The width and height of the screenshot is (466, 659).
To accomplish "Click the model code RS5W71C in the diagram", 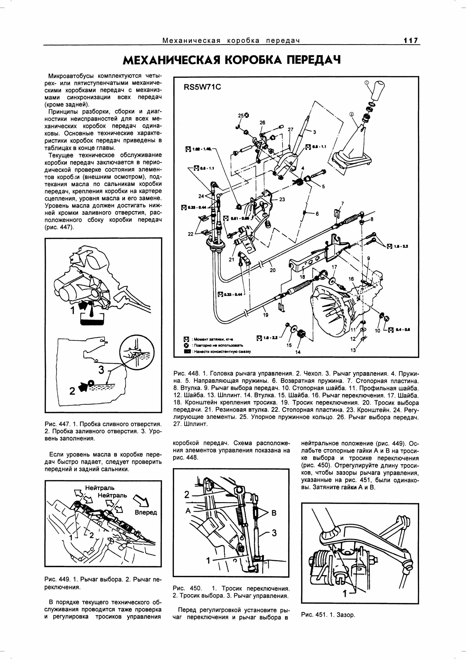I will (202, 87).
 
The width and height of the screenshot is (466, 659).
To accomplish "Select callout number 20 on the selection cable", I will (272, 270).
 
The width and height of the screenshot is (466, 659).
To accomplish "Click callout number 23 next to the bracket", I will (282, 199).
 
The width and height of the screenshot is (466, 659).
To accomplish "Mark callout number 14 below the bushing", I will (298, 352).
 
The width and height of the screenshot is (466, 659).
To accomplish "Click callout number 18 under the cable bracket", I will (302, 277).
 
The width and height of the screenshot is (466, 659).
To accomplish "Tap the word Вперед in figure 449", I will (146, 512).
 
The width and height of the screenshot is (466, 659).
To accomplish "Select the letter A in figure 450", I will (188, 511).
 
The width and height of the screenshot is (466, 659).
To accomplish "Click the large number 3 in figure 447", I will (101, 370).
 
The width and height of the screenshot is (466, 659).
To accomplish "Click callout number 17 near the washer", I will (334, 267).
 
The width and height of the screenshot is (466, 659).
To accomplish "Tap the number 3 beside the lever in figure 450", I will (274, 533).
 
